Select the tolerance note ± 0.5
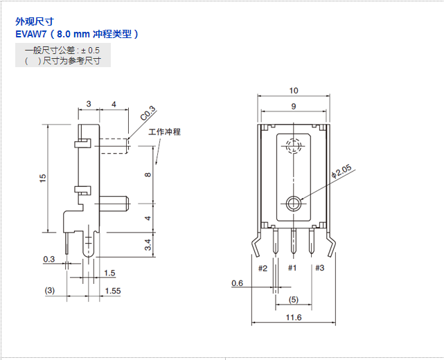(x=90, y=50)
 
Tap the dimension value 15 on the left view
(x=42, y=178)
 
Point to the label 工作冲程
(x=165, y=132)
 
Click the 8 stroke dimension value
(x=148, y=174)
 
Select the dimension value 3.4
(x=147, y=244)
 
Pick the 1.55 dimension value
(x=112, y=291)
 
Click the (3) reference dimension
(x=49, y=291)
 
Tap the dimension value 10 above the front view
(x=294, y=91)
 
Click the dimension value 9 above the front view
(x=294, y=107)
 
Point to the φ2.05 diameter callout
(x=342, y=171)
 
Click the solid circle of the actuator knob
(x=293, y=203)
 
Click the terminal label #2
(x=263, y=268)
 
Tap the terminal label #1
(x=292, y=268)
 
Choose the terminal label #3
(x=319, y=268)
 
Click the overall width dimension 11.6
(x=294, y=317)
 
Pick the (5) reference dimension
(x=294, y=300)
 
